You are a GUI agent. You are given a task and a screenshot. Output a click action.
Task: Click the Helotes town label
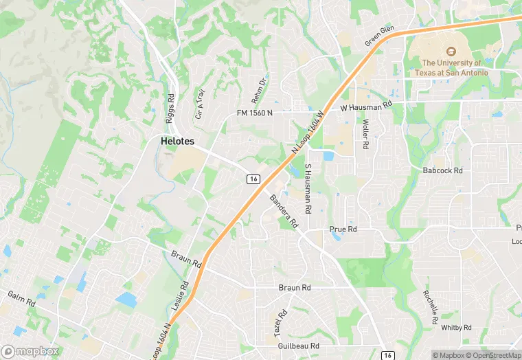(177, 141)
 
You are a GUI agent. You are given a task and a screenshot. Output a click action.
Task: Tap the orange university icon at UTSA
(451, 52)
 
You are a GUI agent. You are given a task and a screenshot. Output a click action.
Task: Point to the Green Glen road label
(380, 36)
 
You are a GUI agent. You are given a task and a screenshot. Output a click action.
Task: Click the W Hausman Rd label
(365, 107)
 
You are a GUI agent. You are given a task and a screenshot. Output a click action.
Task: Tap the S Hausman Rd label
(308, 188)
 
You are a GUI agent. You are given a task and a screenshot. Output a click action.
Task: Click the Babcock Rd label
(443, 170)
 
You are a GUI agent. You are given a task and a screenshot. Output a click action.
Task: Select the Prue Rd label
(343, 229)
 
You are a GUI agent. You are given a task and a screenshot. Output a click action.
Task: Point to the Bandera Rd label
(284, 211)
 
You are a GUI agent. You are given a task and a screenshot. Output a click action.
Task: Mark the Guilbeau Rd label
(296, 346)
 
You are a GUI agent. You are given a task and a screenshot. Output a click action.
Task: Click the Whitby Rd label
(457, 328)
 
